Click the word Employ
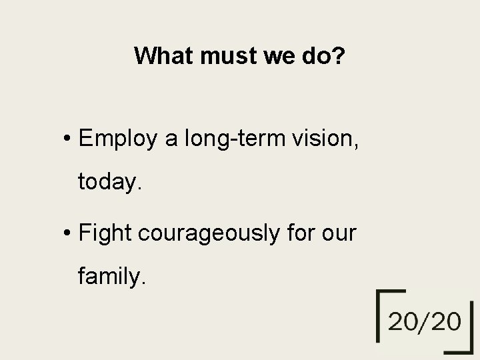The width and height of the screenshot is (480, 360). tap(117, 139)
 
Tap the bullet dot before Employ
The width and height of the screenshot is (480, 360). tap(69, 139)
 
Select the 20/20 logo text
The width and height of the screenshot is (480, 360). tap(424, 323)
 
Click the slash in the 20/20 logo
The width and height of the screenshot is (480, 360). tap(424, 323)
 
